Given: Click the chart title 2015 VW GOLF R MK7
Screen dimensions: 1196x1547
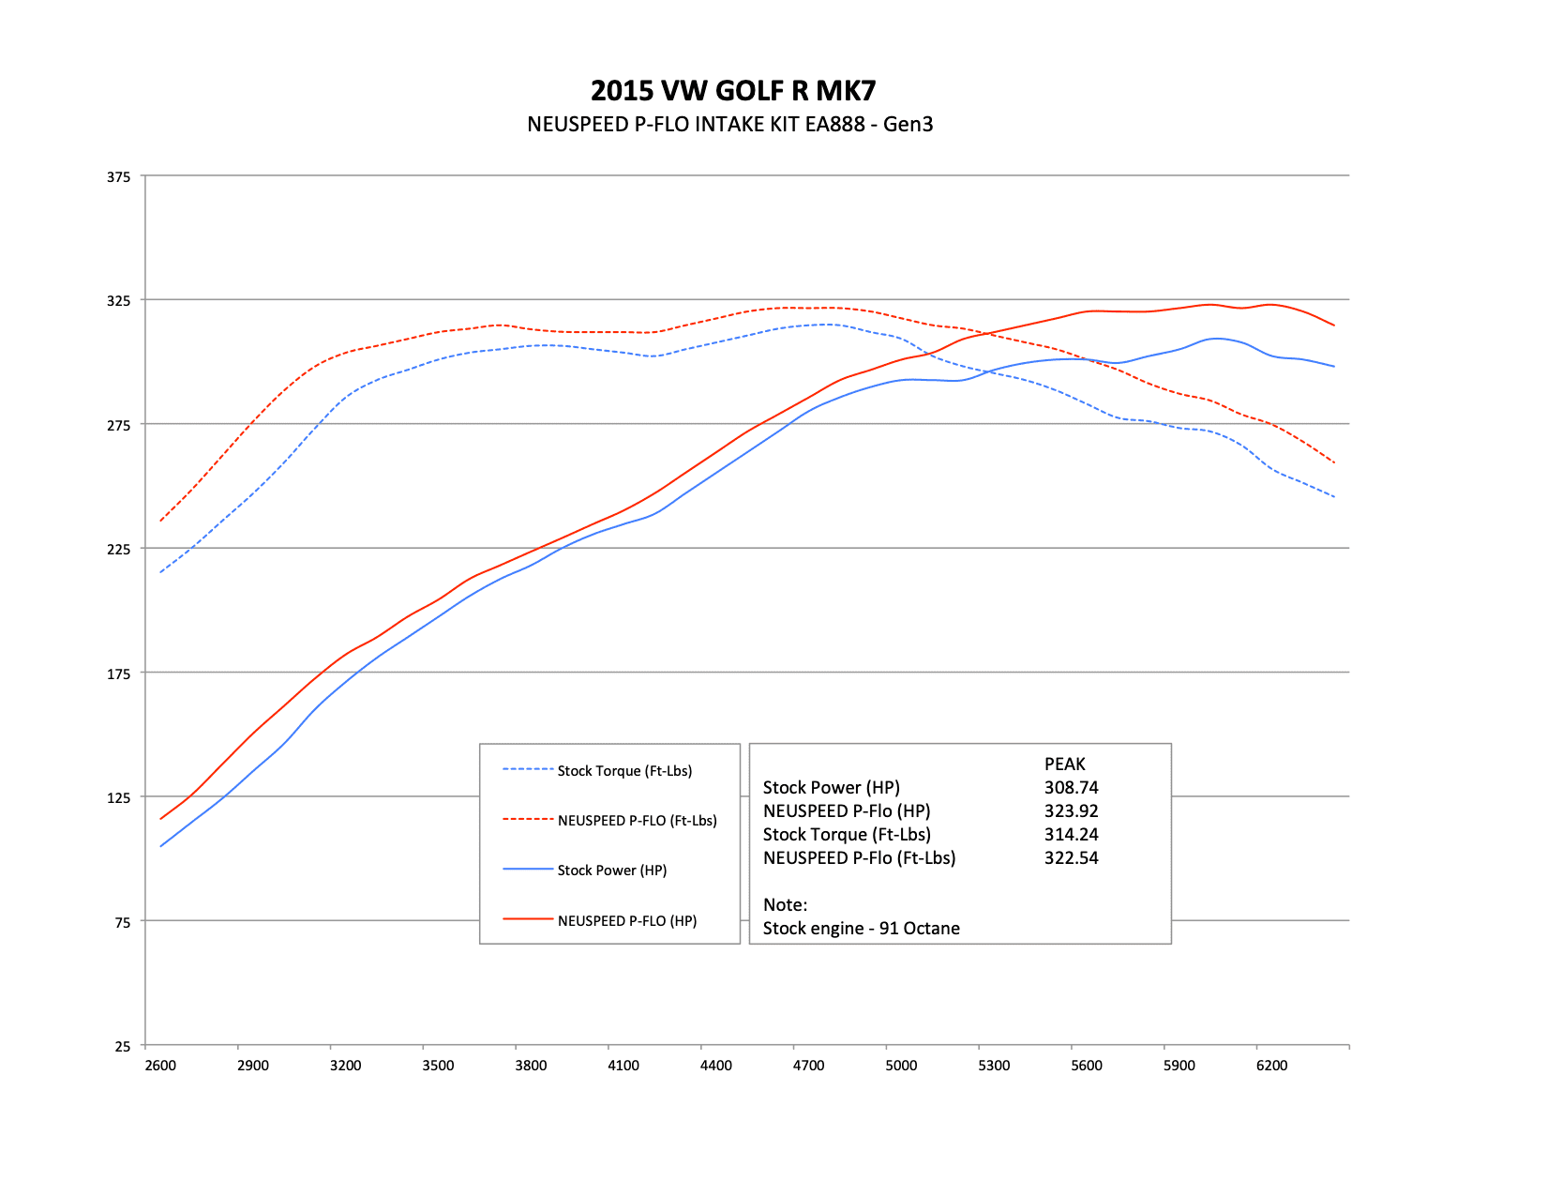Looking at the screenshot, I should [x=733, y=91].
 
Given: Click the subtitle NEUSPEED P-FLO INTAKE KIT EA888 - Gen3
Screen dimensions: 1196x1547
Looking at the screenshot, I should [x=729, y=124].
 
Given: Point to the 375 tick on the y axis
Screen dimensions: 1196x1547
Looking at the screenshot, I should [x=118, y=176].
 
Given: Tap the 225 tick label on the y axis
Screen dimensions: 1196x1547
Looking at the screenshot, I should [x=118, y=549].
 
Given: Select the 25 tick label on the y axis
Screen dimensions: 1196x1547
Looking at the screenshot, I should [x=122, y=1047].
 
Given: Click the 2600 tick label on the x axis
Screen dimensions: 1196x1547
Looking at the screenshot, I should [x=160, y=1066].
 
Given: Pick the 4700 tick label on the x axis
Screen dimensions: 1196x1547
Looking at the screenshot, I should [x=808, y=1066].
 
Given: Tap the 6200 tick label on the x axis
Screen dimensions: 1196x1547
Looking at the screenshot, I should [x=1271, y=1066].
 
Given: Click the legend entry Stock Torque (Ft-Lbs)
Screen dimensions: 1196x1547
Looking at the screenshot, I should [x=624, y=771].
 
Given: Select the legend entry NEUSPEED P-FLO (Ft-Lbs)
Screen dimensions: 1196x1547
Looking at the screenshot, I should [x=637, y=821].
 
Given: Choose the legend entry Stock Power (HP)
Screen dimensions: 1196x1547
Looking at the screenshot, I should [x=611, y=871].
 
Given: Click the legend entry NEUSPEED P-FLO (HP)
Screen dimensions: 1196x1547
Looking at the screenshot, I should [x=626, y=921].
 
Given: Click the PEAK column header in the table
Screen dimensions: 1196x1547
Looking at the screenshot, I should [x=1064, y=765].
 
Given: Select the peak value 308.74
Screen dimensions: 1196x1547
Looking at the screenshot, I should [x=1071, y=788].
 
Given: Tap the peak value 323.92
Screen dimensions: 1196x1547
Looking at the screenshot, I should [x=1071, y=811].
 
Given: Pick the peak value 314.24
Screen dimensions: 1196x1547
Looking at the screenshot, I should [x=1071, y=835].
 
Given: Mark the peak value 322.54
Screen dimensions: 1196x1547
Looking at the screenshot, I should [x=1071, y=858].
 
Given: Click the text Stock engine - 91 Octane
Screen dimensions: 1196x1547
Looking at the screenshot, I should [x=861, y=929].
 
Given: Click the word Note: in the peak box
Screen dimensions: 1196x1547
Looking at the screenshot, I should [x=785, y=905].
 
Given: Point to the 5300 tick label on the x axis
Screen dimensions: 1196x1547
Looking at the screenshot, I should [x=994, y=1066].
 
